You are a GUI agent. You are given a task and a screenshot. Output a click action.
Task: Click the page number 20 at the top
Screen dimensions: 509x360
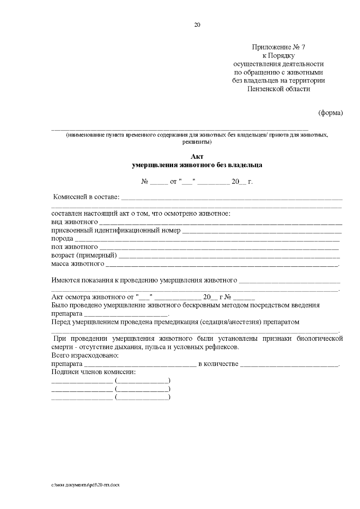pos(197,25)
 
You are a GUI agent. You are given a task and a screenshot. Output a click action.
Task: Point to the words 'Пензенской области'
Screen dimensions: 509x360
pos(278,89)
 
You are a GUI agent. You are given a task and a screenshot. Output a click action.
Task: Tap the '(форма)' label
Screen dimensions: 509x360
pos(330,113)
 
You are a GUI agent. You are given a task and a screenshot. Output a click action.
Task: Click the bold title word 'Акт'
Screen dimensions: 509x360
pos(197,157)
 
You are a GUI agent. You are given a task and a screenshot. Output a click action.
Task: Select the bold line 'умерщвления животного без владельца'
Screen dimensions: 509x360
pos(197,165)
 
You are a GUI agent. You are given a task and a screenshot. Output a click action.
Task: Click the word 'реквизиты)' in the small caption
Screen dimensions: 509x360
pos(197,142)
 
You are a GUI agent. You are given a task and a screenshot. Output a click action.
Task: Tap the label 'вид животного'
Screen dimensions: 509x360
pos(74,222)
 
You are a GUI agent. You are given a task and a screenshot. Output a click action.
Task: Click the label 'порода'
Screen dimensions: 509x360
pos(62,239)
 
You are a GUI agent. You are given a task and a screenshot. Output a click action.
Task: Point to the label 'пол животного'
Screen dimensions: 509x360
pos(74,247)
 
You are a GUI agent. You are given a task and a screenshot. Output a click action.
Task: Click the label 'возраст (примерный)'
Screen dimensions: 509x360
pos(84,256)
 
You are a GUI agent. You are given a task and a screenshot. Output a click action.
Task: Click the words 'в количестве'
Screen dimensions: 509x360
pos(218,364)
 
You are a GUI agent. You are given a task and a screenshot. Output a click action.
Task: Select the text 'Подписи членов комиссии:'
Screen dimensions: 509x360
pos(94,372)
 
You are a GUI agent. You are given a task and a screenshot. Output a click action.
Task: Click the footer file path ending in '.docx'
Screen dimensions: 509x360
pos(85,485)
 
